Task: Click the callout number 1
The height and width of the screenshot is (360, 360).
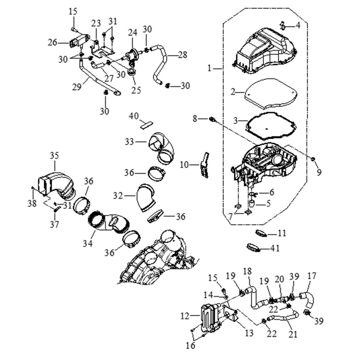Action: pyautogui.click(x=210, y=68)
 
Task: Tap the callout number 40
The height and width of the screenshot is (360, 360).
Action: pyautogui.click(x=134, y=116)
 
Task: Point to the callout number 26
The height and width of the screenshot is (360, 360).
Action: pyautogui.click(x=52, y=42)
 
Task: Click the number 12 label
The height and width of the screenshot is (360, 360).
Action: pyautogui.click(x=185, y=316)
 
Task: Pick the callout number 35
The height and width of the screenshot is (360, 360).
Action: pyautogui.click(x=54, y=156)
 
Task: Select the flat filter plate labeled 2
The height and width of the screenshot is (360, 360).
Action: pyautogui.click(x=270, y=94)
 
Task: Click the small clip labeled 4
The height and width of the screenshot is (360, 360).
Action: pyautogui.click(x=283, y=25)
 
